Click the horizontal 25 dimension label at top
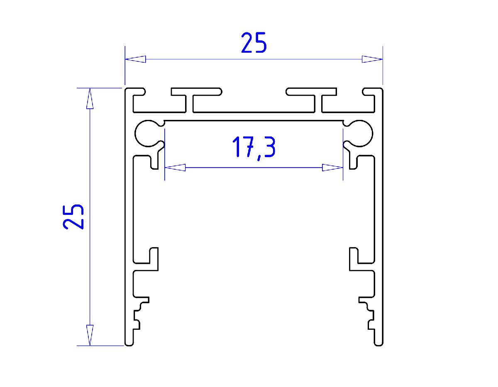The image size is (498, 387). [x=254, y=43]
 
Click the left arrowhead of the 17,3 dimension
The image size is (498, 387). [x=175, y=168]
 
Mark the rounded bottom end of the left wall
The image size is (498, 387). [x=129, y=343]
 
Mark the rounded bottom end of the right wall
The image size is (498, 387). [x=378, y=343]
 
